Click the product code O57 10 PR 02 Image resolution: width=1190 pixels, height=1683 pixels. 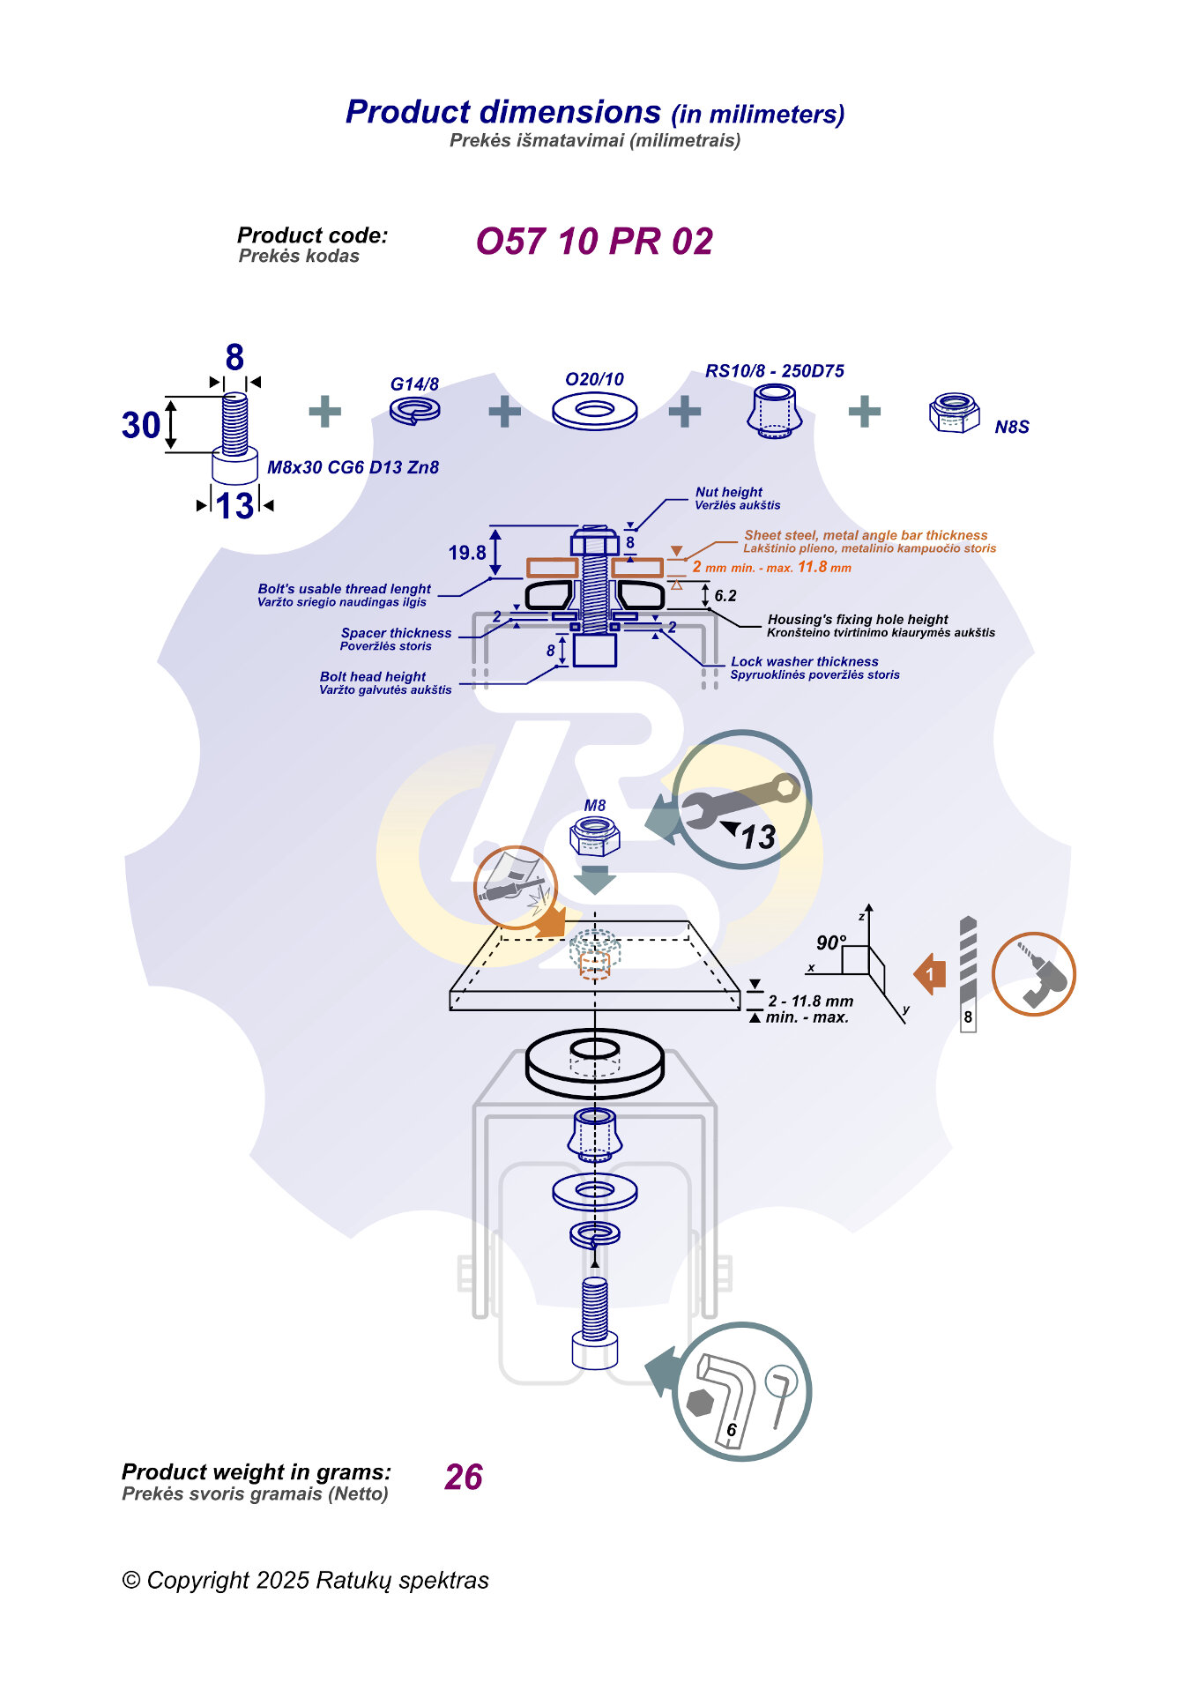coord(594,242)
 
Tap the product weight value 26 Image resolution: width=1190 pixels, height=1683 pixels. coord(464,1477)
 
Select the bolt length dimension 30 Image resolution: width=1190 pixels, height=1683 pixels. coord(141,425)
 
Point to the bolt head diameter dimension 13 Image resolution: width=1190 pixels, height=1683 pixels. coord(234,506)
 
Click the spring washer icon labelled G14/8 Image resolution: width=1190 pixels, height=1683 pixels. coord(415,410)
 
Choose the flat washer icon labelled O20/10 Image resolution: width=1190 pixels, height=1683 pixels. coord(594,411)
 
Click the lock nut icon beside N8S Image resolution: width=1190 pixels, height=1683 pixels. coord(954,413)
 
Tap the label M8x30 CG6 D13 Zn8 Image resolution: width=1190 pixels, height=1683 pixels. coord(353,467)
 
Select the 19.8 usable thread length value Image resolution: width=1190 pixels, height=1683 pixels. coord(467,553)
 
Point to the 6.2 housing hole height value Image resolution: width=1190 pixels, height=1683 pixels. coord(725,596)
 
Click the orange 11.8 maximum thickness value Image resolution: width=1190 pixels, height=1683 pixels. coord(812,567)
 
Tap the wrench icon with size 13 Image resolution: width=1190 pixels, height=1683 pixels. coord(741,800)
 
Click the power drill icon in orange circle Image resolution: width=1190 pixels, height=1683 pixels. coord(1034,974)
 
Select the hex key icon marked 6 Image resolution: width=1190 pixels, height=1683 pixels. coord(740,1392)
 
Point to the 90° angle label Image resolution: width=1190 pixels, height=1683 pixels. coord(831,942)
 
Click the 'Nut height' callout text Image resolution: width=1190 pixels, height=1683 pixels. coord(728,492)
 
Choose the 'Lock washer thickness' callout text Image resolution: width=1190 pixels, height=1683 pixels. coord(804,661)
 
